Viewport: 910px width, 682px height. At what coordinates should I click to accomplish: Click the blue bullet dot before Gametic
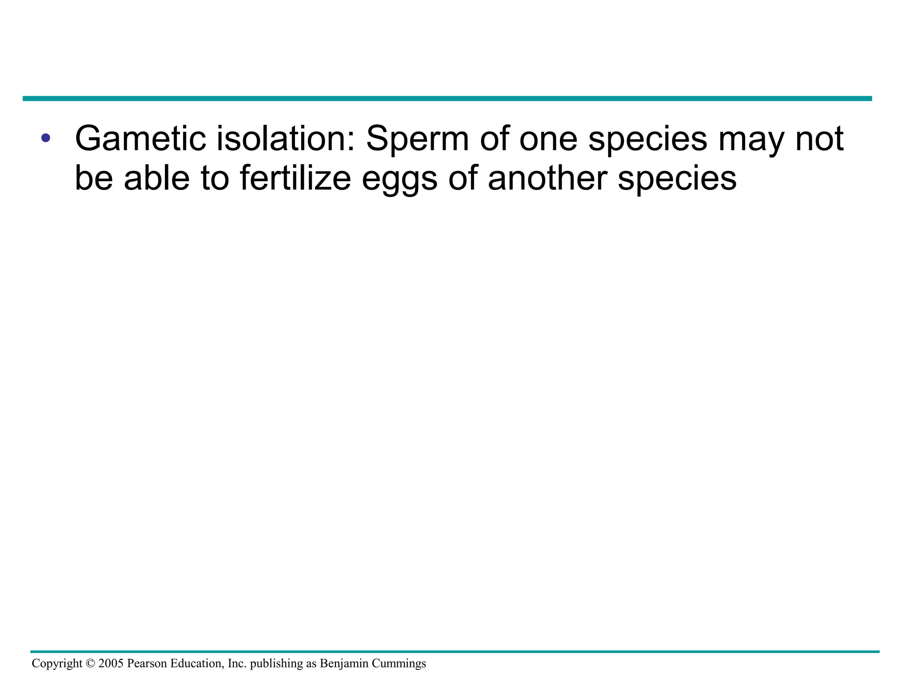point(45,138)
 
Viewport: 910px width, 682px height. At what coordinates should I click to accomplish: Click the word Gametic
point(140,138)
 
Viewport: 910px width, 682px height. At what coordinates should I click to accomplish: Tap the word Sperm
point(417,139)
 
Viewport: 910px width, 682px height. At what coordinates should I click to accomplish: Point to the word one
point(548,139)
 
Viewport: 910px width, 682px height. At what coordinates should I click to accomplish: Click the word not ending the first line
point(819,138)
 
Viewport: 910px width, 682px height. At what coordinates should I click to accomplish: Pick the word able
point(156,178)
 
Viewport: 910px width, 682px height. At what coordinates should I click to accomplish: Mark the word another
point(547,178)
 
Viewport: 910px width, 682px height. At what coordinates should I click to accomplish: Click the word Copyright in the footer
point(57,664)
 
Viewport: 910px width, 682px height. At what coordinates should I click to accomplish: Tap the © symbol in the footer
point(90,664)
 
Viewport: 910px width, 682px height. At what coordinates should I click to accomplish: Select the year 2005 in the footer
point(111,663)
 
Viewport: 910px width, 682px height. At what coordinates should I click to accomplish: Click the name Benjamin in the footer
point(344,664)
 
